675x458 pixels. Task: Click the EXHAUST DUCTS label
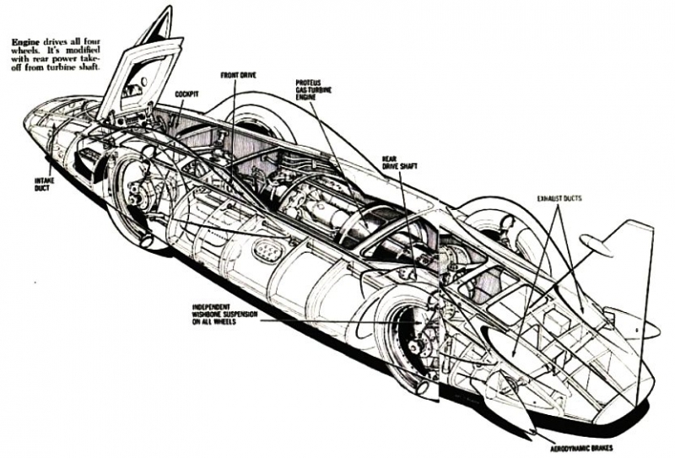[559, 198]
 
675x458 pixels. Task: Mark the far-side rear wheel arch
[498, 219]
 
